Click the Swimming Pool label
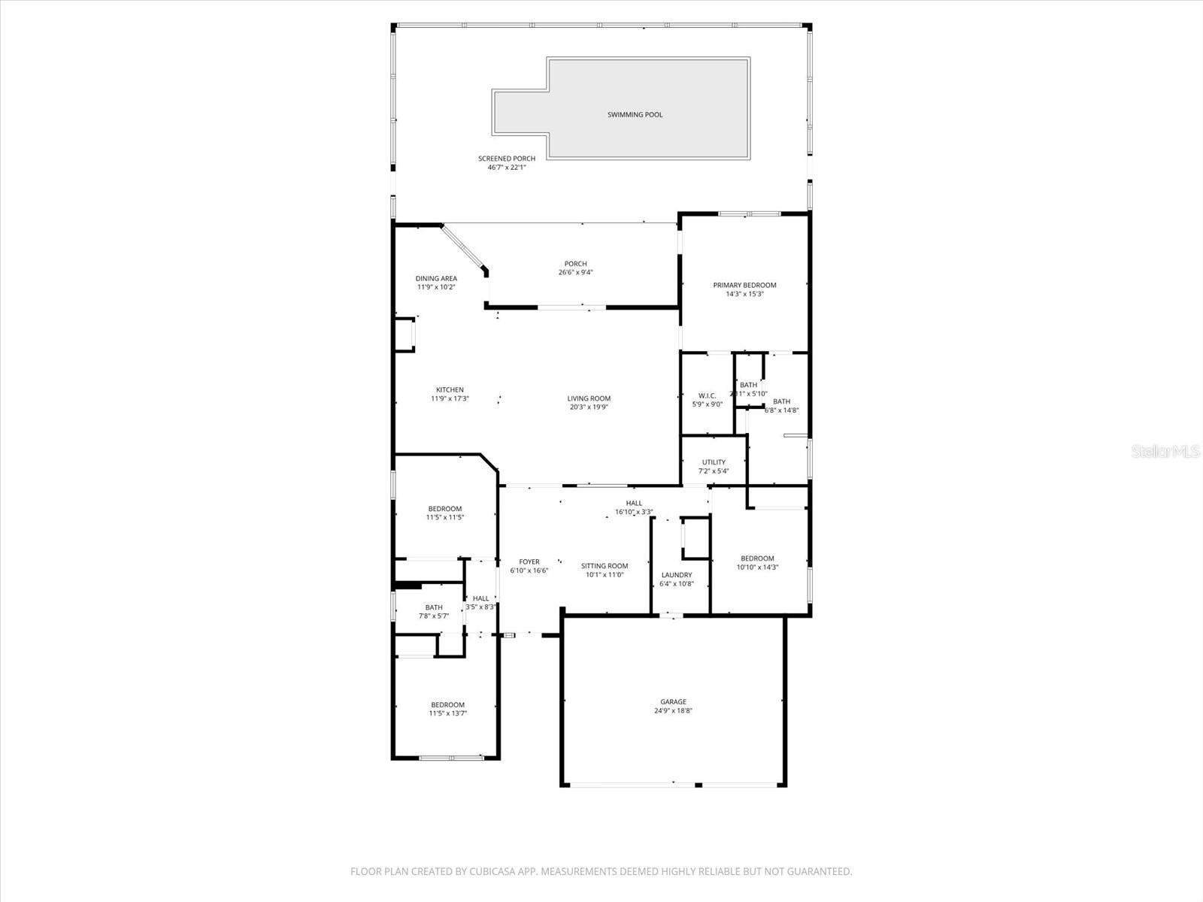coord(635,115)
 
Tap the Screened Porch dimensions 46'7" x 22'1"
coord(506,168)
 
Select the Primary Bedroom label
coord(744,285)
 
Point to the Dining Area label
coord(436,278)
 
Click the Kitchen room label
coord(450,389)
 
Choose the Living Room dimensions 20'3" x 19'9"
coord(588,407)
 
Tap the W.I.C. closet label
coord(707,395)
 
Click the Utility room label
coord(714,462)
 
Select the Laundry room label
coord(676,575)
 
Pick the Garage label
coord(673,702)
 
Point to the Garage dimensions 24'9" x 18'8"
coord(673,711)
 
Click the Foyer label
coord(529,561)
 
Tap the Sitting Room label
coord(604,566)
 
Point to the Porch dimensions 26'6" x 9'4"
coord(575,273)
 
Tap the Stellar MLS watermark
coord(1166,452)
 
